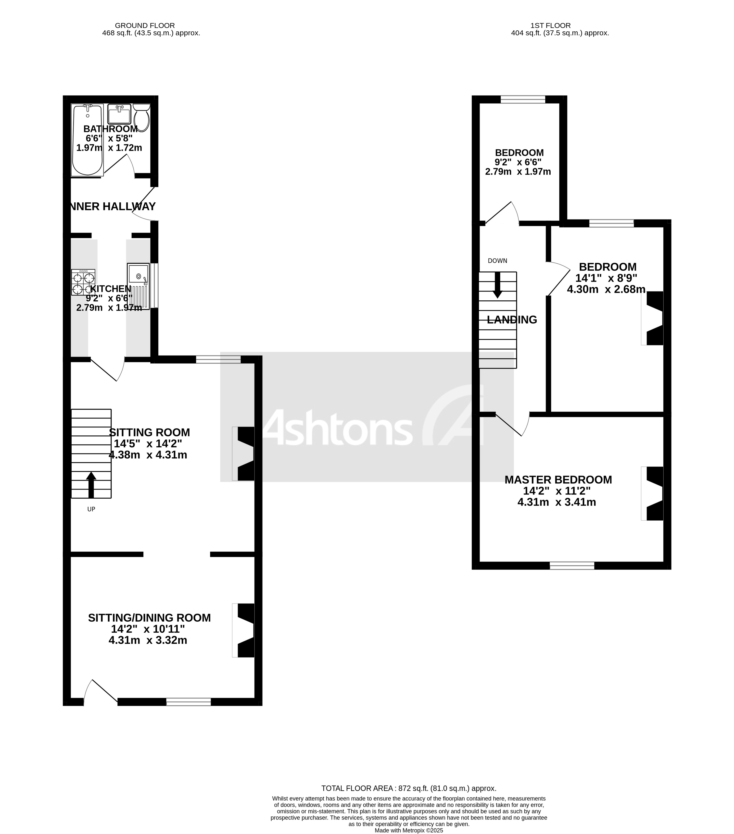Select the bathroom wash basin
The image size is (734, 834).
click(x=119, y=114)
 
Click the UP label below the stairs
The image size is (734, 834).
click(x=91, y=509)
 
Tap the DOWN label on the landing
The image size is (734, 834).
click(x=497, y=261)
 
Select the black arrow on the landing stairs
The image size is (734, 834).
click(x=497, y=285)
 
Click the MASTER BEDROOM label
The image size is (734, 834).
click(x=558, y=480)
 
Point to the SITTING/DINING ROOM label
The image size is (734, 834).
click(x=149, y=618)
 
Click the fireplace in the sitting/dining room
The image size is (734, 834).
click(x=244, y=630)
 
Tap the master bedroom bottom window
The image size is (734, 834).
click(x=571, y=565)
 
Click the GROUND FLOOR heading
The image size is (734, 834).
click(x=145, y=25)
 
